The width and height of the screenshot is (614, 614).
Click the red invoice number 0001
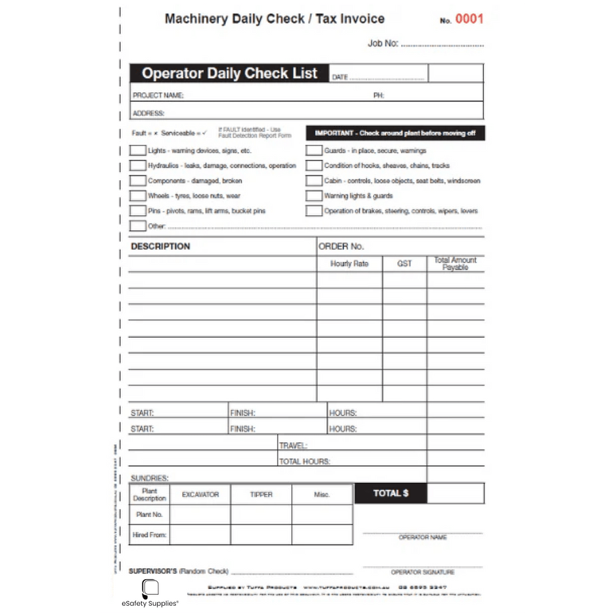(469, 19)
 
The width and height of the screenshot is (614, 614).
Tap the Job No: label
(383, 43)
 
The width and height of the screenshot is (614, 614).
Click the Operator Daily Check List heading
(229, 74)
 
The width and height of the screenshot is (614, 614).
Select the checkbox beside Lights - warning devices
(138, 151)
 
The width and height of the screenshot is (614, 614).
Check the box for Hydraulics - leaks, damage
(138, 166)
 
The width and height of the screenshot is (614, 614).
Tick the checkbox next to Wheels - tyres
(138, 196)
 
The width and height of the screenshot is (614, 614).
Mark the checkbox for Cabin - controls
(314, 181)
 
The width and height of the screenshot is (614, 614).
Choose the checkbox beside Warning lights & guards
(314, 196)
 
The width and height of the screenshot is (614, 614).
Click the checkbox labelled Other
(138, 226)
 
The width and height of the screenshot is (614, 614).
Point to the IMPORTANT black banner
(395, 133)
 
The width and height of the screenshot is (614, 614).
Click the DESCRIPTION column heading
(161, 246)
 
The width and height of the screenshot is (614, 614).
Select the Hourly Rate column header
(349, 263)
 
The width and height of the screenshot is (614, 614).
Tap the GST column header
(405, 263)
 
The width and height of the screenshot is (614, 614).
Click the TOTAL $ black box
(391, 493)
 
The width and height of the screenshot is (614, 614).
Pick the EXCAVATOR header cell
(200, 495)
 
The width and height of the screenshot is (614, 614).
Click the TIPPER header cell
(261, 495)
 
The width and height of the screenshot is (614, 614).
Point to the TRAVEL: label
(293, 445)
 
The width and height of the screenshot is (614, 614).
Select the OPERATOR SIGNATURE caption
(422, 572)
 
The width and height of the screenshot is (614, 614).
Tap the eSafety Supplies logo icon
(150, 589)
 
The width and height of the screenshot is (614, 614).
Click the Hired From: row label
(149, 535)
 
